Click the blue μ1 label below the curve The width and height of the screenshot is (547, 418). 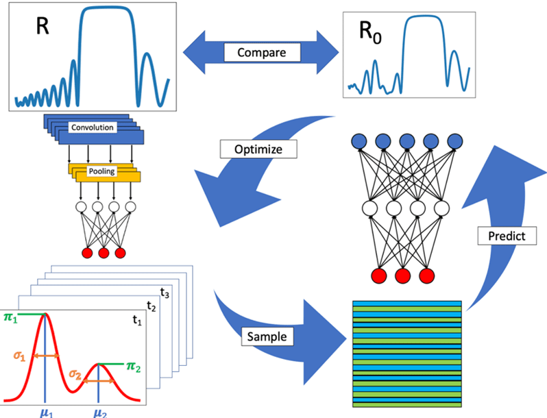point(45,413)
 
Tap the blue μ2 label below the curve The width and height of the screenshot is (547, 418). point(99,413)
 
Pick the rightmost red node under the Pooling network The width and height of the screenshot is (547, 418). point(121,254)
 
